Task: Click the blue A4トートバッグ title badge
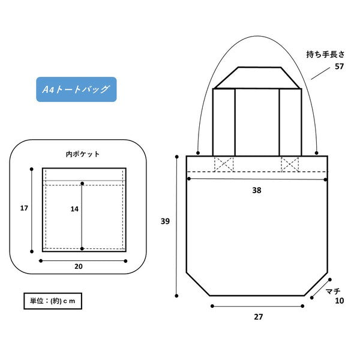(76, 89)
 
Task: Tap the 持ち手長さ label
(325, 55)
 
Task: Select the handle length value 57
(339, 67)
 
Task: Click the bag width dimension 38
(257, 190)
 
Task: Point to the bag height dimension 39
(165, 221)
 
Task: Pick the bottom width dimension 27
(258, 317)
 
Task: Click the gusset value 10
(340, 301)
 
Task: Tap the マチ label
(333, 292)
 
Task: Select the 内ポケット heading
(83, 154)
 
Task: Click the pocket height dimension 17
(24, 208)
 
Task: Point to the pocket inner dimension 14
(74, 209)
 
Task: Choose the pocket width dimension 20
(79, 266)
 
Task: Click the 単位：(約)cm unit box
(53, 301)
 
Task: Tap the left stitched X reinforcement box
(224, 164)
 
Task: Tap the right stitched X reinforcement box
(290, 164)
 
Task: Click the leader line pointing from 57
(320, 73)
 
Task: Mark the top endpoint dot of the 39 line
(177, 157)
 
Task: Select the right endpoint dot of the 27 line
(302, 306)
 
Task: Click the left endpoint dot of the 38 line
(189, 179)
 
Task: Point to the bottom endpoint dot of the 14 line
(82, 248)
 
